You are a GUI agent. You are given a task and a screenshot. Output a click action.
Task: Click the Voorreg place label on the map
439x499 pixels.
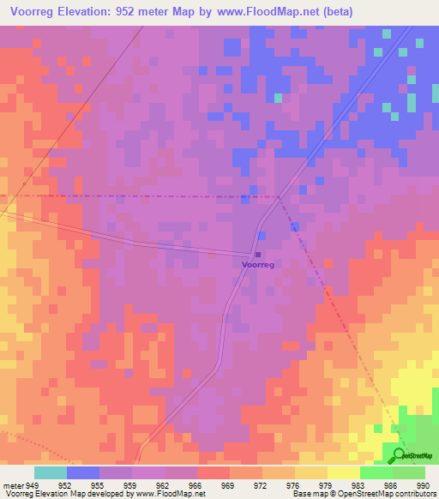point(258,266)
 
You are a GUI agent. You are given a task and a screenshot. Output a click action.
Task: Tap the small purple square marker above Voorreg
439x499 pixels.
point(257,255)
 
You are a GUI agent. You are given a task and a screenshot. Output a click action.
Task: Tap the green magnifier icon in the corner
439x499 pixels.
point(400,454)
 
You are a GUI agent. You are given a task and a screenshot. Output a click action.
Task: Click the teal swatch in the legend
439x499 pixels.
point(50,472)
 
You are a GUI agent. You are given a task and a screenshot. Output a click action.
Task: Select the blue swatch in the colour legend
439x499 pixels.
point(82,472)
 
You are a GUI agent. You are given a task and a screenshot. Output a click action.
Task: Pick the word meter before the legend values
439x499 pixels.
point(15,484)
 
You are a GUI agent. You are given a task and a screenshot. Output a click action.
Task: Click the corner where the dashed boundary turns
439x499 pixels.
point(280,197)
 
